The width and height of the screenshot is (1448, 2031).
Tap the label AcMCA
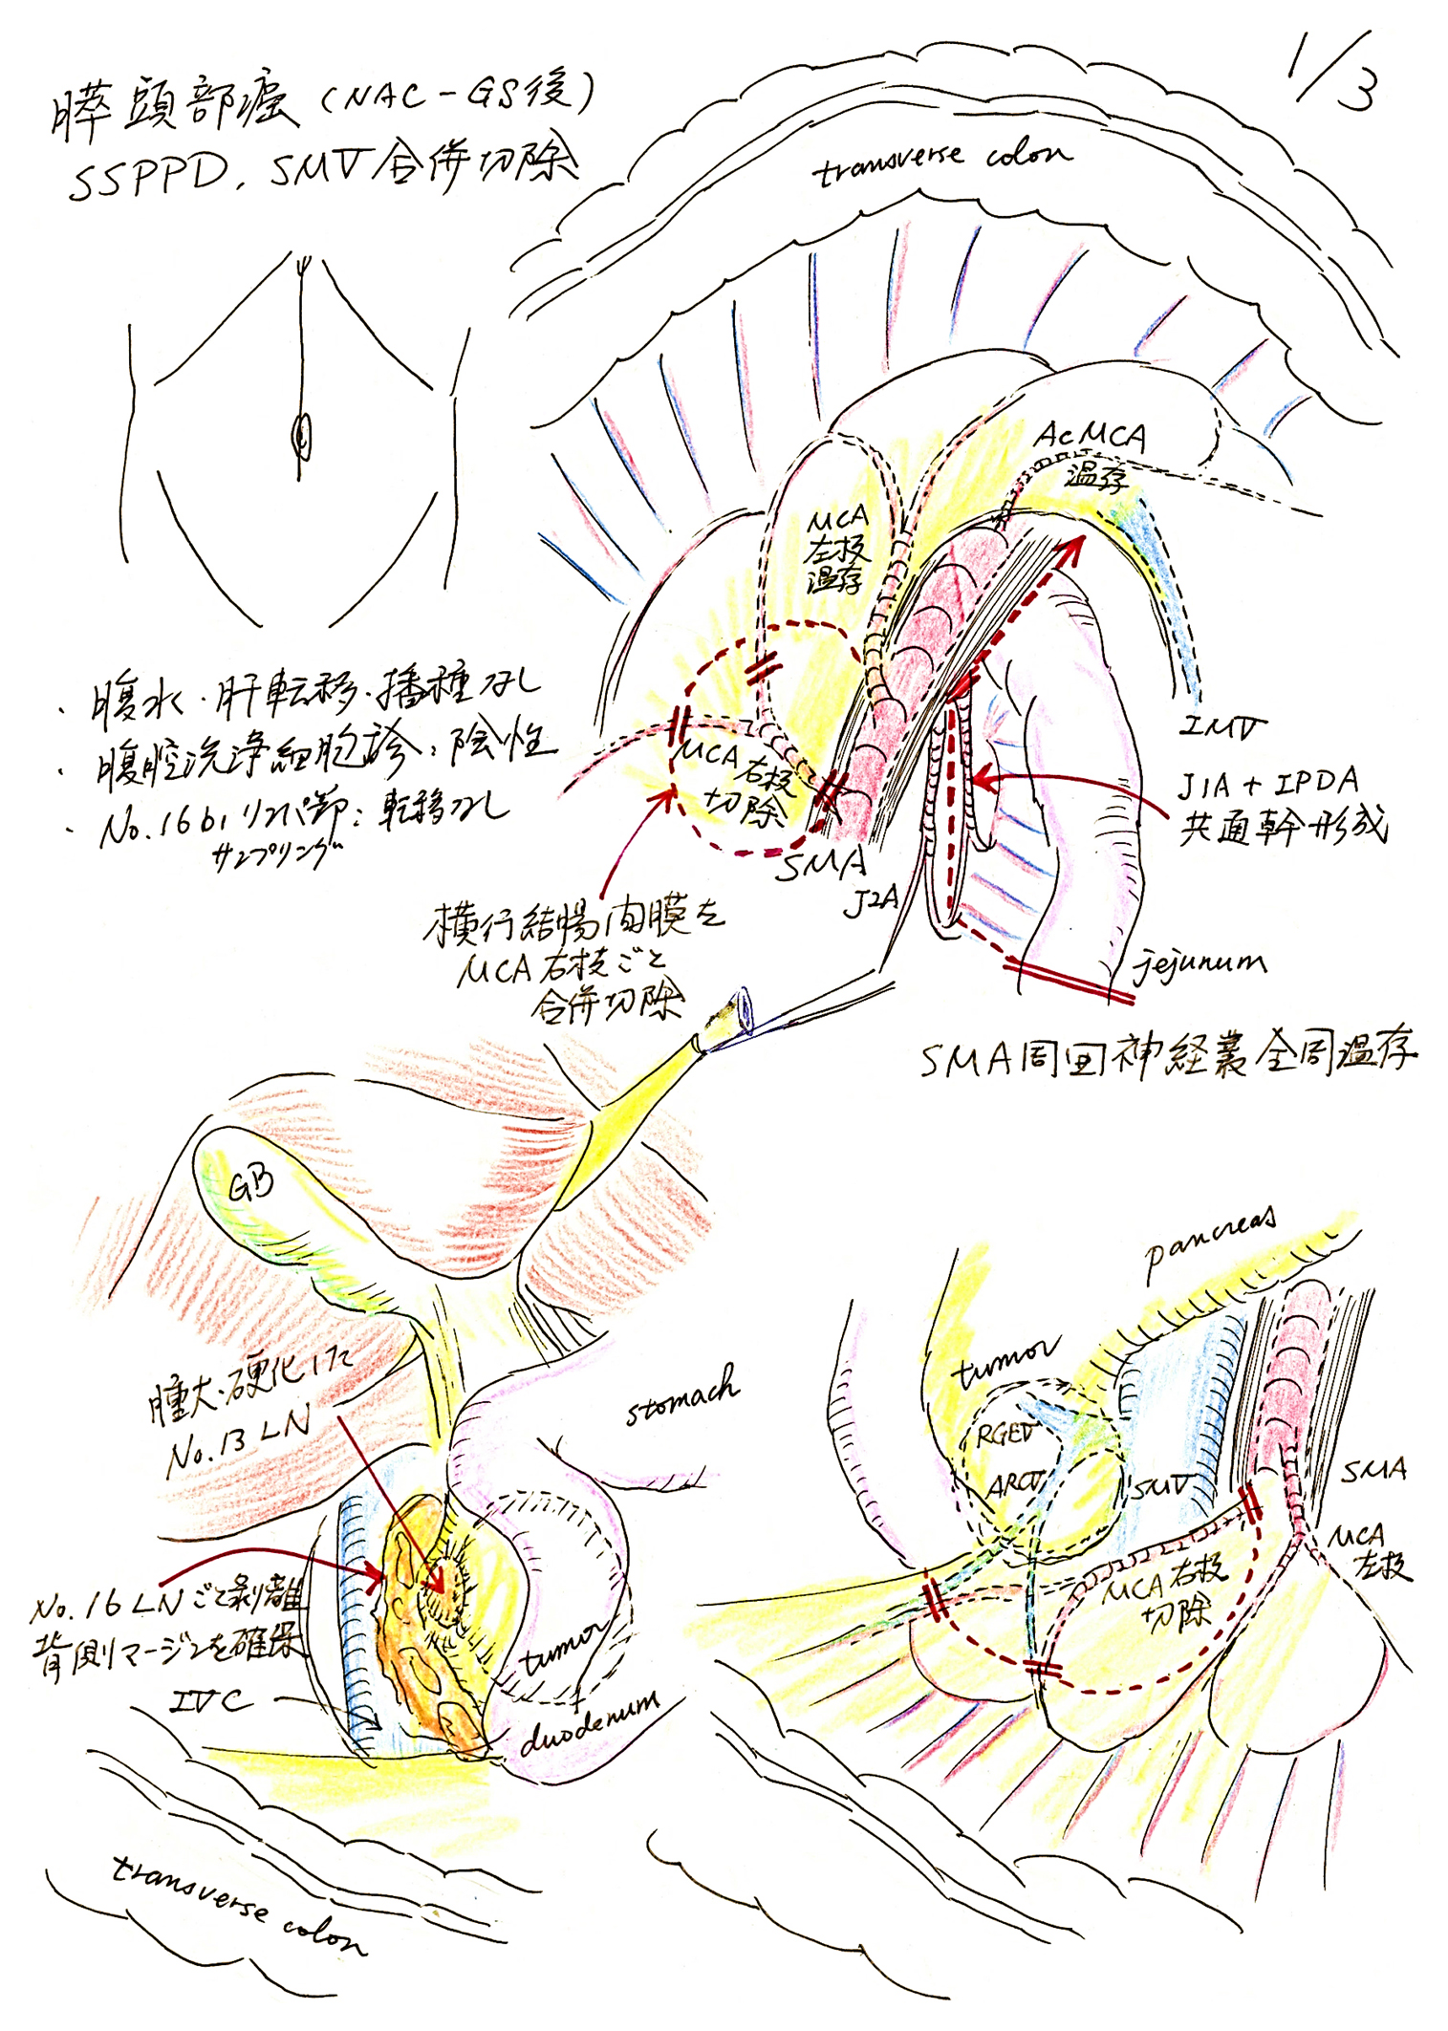1090,437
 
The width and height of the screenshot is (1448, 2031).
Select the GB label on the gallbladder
250,1185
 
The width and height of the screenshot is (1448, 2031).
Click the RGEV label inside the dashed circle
1005,1434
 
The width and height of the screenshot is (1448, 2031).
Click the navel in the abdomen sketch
302,438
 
